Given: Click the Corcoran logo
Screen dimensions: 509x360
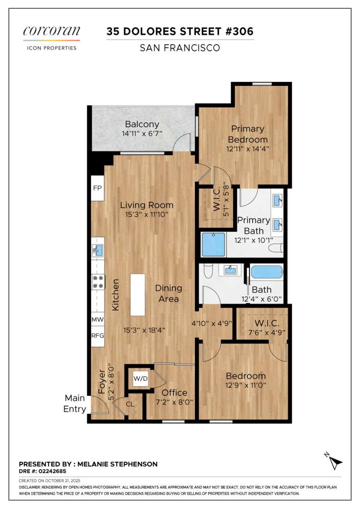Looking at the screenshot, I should point(51,32).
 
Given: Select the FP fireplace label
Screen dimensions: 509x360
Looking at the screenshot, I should point(97,188).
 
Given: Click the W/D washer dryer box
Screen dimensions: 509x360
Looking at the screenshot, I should point(140,379).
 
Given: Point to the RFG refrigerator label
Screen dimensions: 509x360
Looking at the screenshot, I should point(98,336).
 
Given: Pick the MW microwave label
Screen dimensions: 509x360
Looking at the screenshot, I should point(98,319).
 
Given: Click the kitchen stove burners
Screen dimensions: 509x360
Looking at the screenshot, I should point(98,282).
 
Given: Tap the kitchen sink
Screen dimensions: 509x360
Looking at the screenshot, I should point(98,249).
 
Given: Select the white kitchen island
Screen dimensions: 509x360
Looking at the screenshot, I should point(138,294).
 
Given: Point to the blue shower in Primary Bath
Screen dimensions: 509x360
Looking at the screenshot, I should point(214,245).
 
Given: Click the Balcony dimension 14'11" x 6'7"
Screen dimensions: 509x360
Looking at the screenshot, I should point(142,134).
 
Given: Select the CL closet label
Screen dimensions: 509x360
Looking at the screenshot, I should point(130,404).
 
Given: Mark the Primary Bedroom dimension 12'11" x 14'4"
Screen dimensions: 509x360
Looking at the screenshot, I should point(248,148).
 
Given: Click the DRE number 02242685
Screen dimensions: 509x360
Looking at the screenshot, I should point(50,472).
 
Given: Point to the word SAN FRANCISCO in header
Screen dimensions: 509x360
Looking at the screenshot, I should point(180,48).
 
